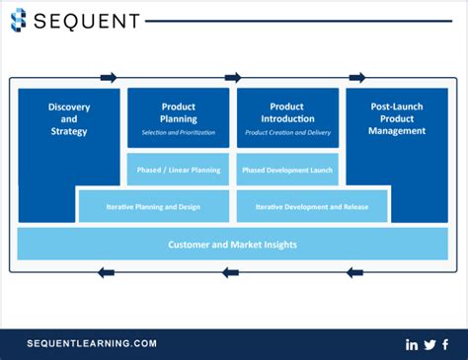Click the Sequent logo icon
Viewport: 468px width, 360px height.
coord(21,20)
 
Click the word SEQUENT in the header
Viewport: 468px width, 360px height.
coord(89,20)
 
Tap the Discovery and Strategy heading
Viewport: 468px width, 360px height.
coord(68,118)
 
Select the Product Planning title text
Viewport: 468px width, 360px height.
coord(178,111)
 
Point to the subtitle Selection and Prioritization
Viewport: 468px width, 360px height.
coord(178,132)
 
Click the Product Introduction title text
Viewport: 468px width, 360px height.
coord(286,111)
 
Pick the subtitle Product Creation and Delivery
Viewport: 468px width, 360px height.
coord(286,132)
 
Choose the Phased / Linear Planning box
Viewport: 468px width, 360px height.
coord(178,170)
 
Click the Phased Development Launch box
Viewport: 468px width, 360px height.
coord(286,170)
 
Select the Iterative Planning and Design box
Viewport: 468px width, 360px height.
coord(153,207)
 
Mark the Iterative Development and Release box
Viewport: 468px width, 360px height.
coord(313,207)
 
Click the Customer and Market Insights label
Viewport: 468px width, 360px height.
coord(232,244)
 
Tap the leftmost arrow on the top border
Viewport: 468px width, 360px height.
coord(109,77)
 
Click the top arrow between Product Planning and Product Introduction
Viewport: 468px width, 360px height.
coord(233,77)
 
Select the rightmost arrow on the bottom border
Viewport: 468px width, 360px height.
coord(355,272)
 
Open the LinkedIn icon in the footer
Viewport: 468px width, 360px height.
coord(412,344)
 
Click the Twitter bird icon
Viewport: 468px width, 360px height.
coord(429,344)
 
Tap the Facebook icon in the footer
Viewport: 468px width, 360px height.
coord(445,344)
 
